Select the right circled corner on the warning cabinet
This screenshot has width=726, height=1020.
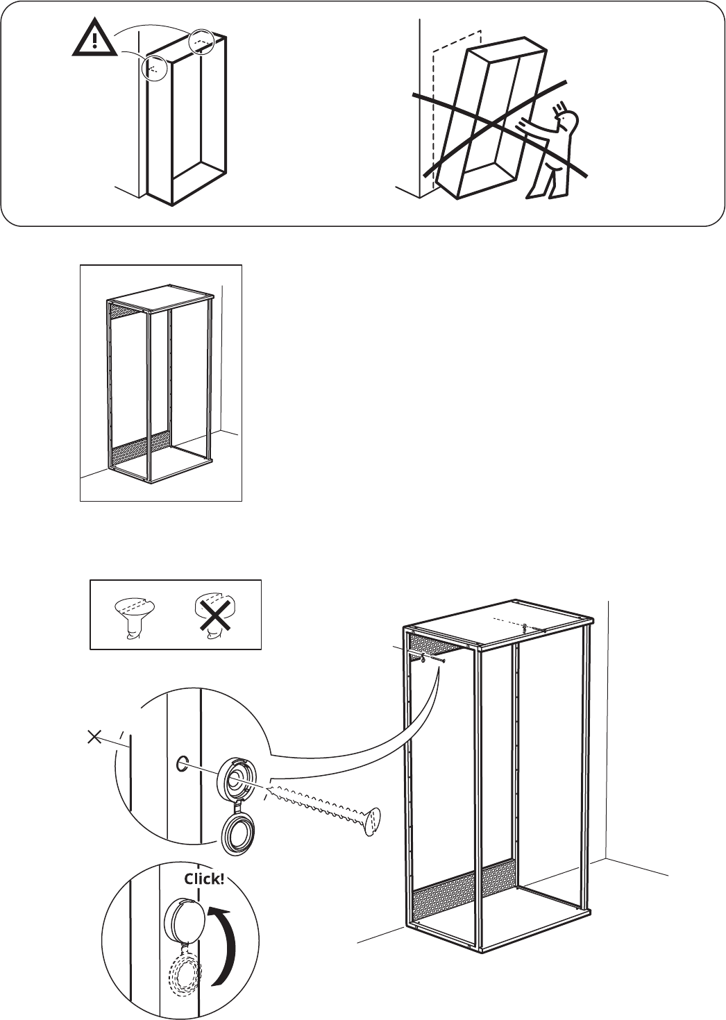(202, 42)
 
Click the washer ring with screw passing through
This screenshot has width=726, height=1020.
(236, 785)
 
